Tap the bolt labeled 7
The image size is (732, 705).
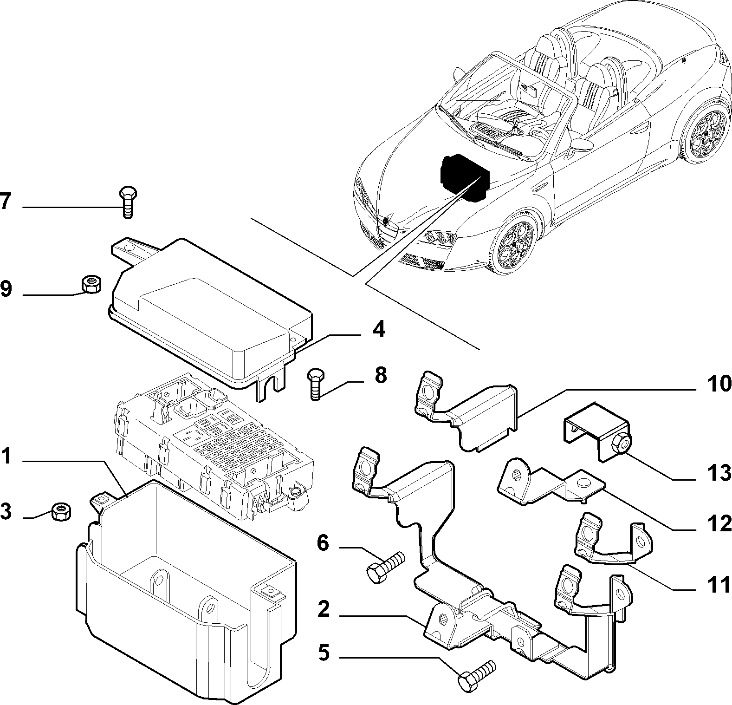click(127, 202)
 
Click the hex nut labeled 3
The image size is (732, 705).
click(60, 512)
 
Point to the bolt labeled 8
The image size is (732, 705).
click(316, 383)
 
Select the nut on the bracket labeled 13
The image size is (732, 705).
click(622, 444)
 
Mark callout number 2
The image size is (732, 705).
click(324, 609)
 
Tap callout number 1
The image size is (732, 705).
click(6, 457)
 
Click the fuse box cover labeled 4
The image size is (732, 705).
click(209, 312)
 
